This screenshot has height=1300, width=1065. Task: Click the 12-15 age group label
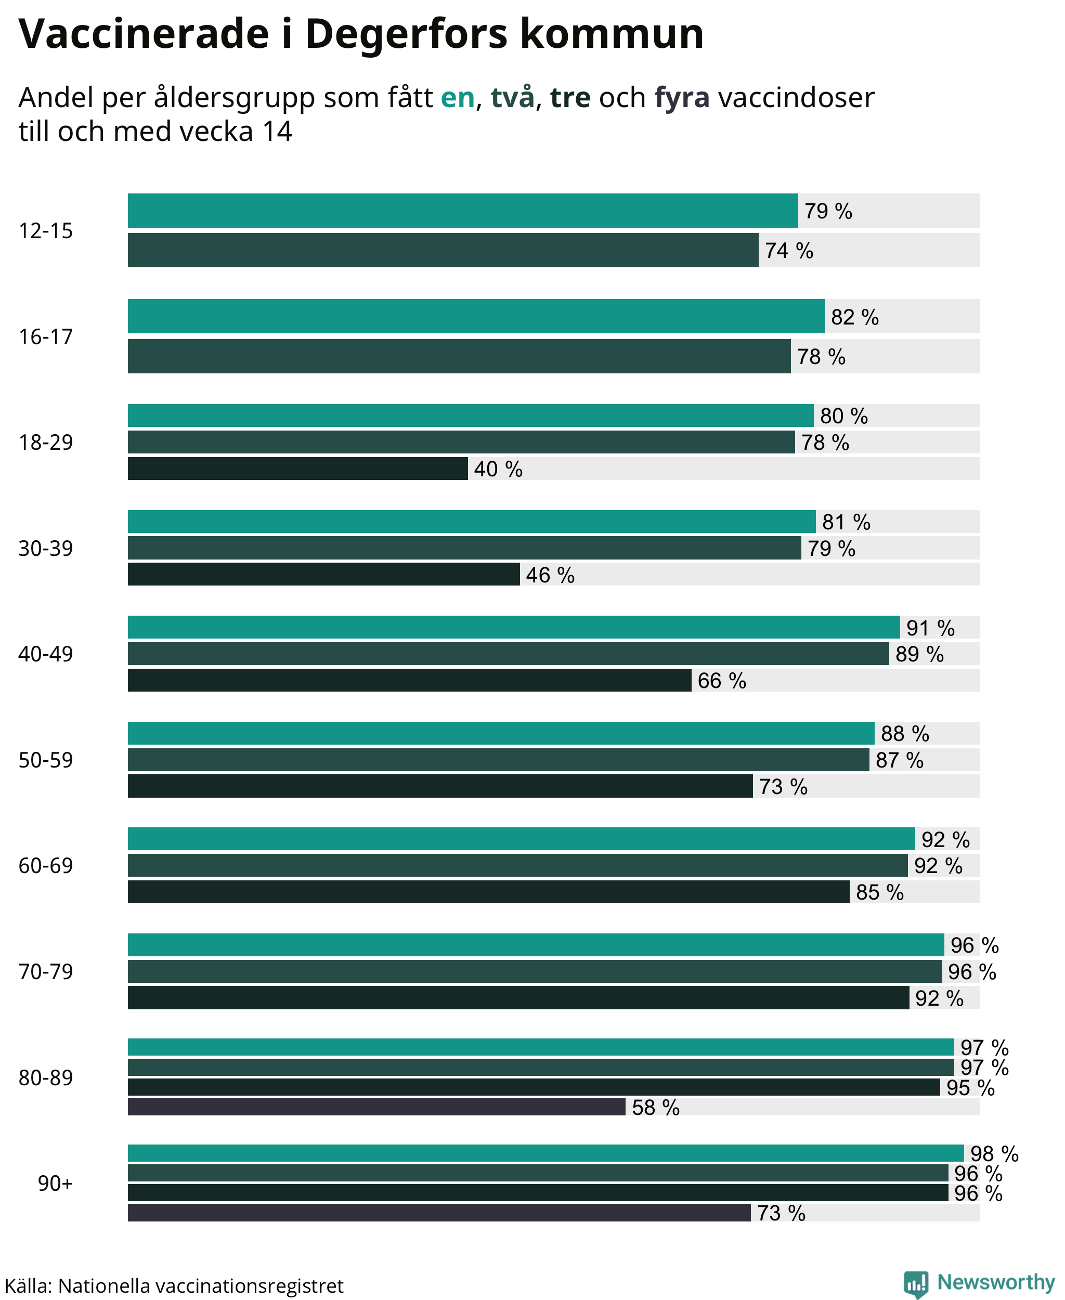(x=45, y=231)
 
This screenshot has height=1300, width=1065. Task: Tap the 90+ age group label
(x=55, y=1183)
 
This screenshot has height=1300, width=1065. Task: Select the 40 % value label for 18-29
(x=498, y=470)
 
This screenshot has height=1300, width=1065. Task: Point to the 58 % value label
(x=656, y=1108)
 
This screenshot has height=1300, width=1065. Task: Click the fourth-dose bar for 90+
(x=439, y=1212)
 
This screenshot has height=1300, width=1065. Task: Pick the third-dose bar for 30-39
(x=324, y=574)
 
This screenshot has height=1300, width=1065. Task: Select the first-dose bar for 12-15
(x=463, y=211)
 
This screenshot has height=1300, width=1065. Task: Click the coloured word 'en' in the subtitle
(x=458, y=98)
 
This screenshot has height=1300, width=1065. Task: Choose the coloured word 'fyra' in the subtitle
(x=682, y=98)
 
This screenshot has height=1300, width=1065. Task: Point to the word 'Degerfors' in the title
(x=407, y=34)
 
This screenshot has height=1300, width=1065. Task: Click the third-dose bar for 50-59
(x=440, y=786)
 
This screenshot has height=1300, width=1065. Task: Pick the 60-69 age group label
(x=45, y=866)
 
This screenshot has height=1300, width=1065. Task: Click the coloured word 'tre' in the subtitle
(x=570, y=98)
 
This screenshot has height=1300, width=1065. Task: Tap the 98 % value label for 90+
(x=994, y=1153)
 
